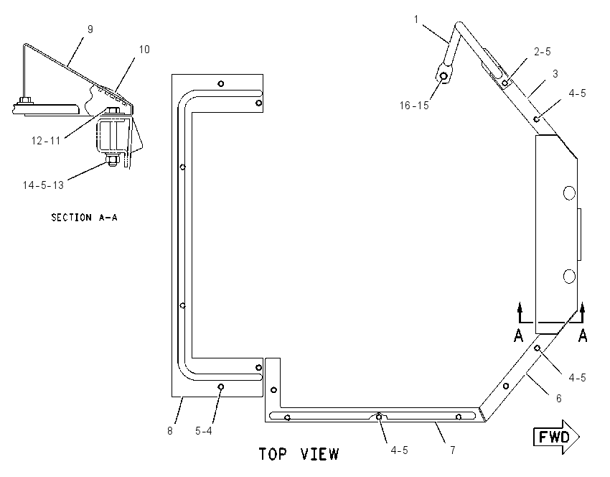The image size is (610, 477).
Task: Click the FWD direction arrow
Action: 556,437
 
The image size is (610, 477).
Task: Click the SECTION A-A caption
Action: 84,217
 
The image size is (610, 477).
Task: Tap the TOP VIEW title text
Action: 299,454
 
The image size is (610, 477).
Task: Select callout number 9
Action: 90,29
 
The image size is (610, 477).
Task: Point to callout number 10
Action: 144,50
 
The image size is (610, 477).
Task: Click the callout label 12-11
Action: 46,140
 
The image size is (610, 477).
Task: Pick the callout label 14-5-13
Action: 43,185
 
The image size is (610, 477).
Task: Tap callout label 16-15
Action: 414,105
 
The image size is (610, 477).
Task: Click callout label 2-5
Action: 543,52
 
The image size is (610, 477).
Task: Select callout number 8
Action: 170,431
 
